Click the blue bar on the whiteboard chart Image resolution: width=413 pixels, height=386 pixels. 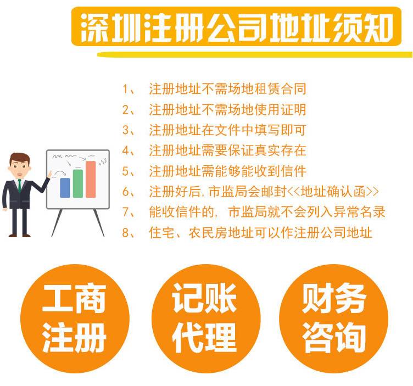(x=65, y=188)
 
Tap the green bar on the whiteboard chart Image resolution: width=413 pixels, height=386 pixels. (x=78, y=183)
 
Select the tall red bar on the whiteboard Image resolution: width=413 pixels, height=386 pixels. (x=91, y=180)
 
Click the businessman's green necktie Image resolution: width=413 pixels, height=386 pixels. (x=19, y=186)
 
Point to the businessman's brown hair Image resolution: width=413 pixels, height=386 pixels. (x=19, y=158)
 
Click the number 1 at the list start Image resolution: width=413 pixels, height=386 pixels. (x=125, y=89)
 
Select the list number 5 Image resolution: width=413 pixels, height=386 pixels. (x=125, y=171)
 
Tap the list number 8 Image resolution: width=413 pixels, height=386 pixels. (x=125, y=233)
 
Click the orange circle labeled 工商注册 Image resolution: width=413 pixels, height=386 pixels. (x=75, y=318)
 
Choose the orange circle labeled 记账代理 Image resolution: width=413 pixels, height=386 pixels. (x=206, y=318)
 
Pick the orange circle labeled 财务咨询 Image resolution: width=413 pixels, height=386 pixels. (x=334, y=318)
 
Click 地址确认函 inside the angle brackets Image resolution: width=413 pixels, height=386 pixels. (x=333, y=192)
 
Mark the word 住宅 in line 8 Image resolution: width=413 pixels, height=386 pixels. (x=161, y=233)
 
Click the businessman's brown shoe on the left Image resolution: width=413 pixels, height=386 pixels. (x=13, y=235)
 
